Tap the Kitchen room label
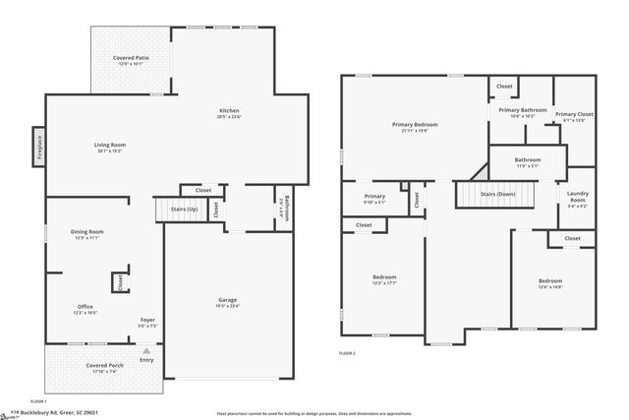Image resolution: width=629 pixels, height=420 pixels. click(x=228, y=111)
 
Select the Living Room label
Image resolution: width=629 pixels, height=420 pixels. click(x=109, y=146)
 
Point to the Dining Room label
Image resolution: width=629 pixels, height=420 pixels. click(x=88, y=232)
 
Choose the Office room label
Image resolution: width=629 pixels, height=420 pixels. click(x=86, y=307)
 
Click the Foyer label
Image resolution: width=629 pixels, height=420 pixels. click(x=147, y=320)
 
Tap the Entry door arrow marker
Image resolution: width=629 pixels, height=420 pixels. click(x=146, y=350)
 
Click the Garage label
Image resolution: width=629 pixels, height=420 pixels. click(x=227, y=300)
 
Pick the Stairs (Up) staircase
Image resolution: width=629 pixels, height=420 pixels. click(x=176, y=210)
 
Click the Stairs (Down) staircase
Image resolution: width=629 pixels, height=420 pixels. click(x=496, y=195)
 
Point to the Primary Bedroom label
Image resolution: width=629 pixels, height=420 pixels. click(x=414, y=125)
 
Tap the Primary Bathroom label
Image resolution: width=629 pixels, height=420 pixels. click(x=522, y=110)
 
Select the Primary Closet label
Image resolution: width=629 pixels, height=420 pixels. click(x=573, y=115)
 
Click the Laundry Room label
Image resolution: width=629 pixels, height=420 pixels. click(x=577, y=198)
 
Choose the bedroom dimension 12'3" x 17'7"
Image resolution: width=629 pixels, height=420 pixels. click(x=383, y=283)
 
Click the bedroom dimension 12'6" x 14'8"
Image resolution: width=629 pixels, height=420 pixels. click(x=550, y=286)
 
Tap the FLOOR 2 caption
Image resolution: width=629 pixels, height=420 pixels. click(x=347, y=352)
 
